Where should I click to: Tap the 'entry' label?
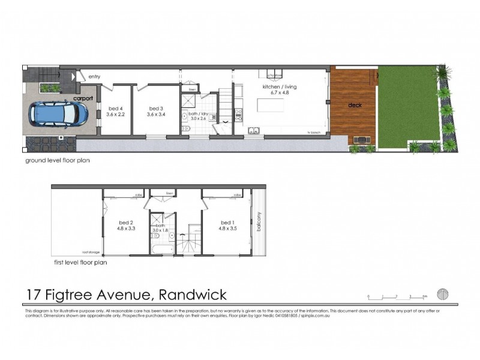[94, 77]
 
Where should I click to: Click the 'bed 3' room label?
[157, 109]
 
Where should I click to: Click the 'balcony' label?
[259, 222]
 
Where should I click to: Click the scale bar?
[397, 296]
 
